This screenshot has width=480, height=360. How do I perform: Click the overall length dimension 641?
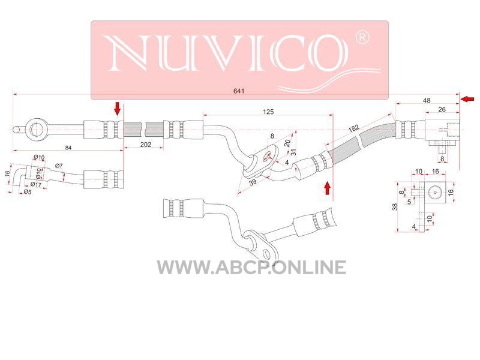239,91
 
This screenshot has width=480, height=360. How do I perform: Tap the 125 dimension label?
268,112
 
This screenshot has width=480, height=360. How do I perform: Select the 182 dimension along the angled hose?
354,128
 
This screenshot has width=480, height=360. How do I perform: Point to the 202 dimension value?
146,144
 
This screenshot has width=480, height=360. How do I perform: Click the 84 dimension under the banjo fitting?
68,148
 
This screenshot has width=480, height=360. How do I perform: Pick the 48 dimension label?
427,100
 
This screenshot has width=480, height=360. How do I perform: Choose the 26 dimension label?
442,109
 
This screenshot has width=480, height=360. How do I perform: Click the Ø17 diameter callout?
36,185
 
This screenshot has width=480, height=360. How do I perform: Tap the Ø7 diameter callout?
59,166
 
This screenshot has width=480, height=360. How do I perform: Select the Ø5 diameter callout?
28,192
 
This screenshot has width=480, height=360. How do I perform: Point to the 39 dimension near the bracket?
253,182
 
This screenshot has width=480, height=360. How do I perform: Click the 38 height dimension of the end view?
395,207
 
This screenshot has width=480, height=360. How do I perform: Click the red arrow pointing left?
467,99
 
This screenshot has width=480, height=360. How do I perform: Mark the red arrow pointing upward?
327,188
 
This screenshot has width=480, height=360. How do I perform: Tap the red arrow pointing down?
117,109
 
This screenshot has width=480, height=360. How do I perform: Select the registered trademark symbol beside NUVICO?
362,37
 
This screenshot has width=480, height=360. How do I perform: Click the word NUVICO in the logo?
228,52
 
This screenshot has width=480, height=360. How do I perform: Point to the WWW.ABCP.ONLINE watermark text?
251,267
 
